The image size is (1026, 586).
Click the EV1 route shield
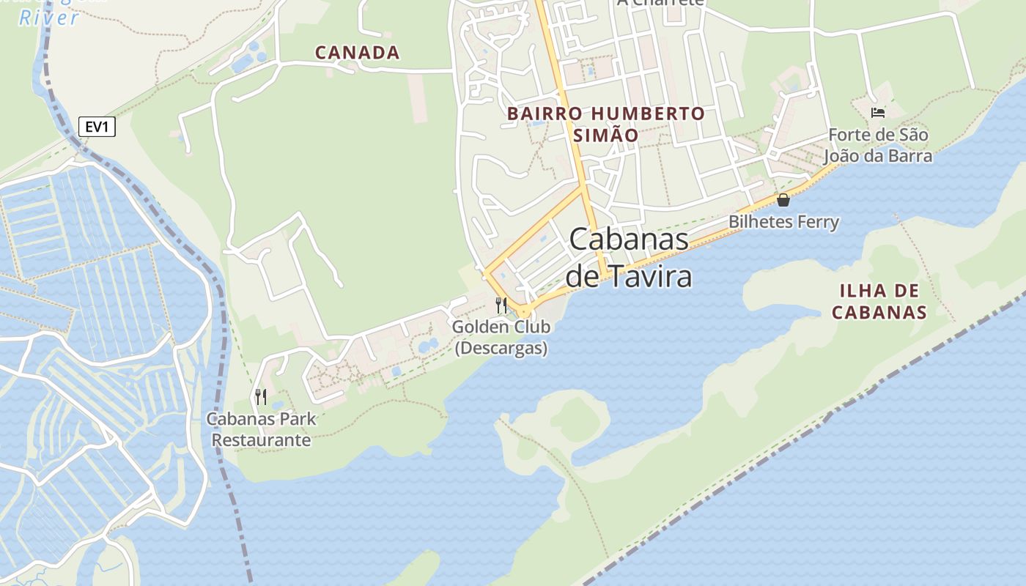point(97,127)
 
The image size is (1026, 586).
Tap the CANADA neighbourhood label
point(357,53)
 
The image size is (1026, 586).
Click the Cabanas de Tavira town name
point(629,258)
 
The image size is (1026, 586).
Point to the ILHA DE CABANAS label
point(879,302)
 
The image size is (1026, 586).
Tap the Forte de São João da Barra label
point(878,145)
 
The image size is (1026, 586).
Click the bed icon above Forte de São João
point(878,113)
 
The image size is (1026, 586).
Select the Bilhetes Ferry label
point(783,222)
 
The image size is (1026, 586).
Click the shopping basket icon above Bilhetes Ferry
point(783,200)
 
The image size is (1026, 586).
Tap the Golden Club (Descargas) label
point(501,337)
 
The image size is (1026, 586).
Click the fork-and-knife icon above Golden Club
point(501,305)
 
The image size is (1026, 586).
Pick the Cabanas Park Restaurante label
point(261,429)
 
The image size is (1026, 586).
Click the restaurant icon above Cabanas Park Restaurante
point(261,397)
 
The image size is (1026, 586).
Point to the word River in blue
point(48,18)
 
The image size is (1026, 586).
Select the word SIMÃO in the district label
point(605,136)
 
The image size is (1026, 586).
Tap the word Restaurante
point(261,440)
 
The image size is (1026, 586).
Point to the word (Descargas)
point(501,348)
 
